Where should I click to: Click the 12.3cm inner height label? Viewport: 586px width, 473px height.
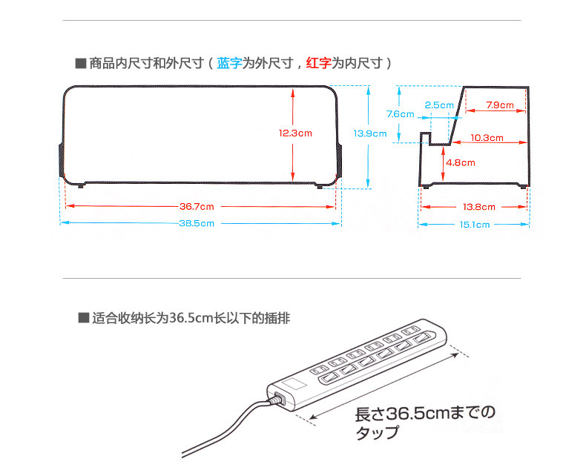point(295,133)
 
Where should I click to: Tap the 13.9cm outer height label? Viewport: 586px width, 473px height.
point(369,133)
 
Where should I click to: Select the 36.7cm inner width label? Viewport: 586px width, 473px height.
point(197,206)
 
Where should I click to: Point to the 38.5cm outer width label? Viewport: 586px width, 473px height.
point(197,223)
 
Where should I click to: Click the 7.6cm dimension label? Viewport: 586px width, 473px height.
point(400,114)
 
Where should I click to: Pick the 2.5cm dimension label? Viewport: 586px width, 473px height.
point(439,105)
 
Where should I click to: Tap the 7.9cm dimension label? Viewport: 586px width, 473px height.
point(500,105)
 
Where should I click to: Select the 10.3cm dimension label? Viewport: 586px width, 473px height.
point(487,138)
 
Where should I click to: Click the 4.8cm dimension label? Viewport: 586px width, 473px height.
point(460,162)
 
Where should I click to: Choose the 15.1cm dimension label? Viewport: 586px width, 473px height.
point(473,224)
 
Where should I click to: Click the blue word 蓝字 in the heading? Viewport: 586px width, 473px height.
point(229,64)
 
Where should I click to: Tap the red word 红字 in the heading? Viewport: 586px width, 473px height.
point(318,64)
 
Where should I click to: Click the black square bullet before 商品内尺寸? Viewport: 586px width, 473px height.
point(80,64)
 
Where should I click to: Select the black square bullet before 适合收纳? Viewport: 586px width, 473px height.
point(83,319)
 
